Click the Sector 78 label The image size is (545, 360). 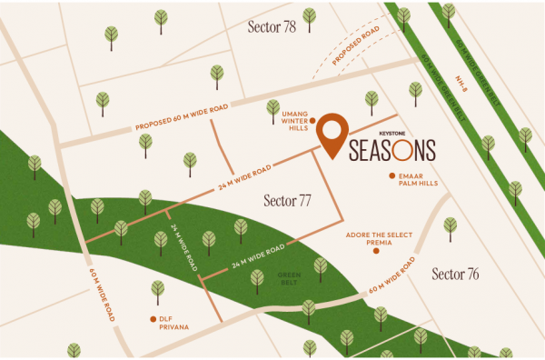pyautogui.click(x=272, y=26)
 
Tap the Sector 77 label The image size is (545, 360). pyautogui.click(x=287, y=199)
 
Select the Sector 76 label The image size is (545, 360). pyautogui.click(x=455, y=274)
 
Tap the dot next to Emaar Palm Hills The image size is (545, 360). pyautogui.click(x=391, y=175)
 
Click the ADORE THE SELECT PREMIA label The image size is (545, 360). pyautogui.click(x=379, y=237)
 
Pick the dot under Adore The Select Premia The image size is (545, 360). pyautogui.click(x=378, y=251)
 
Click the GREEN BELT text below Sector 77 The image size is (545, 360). pyautogui.click(x=288, y=277)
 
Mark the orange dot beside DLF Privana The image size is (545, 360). pyautogui.click(x=153, y=319)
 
